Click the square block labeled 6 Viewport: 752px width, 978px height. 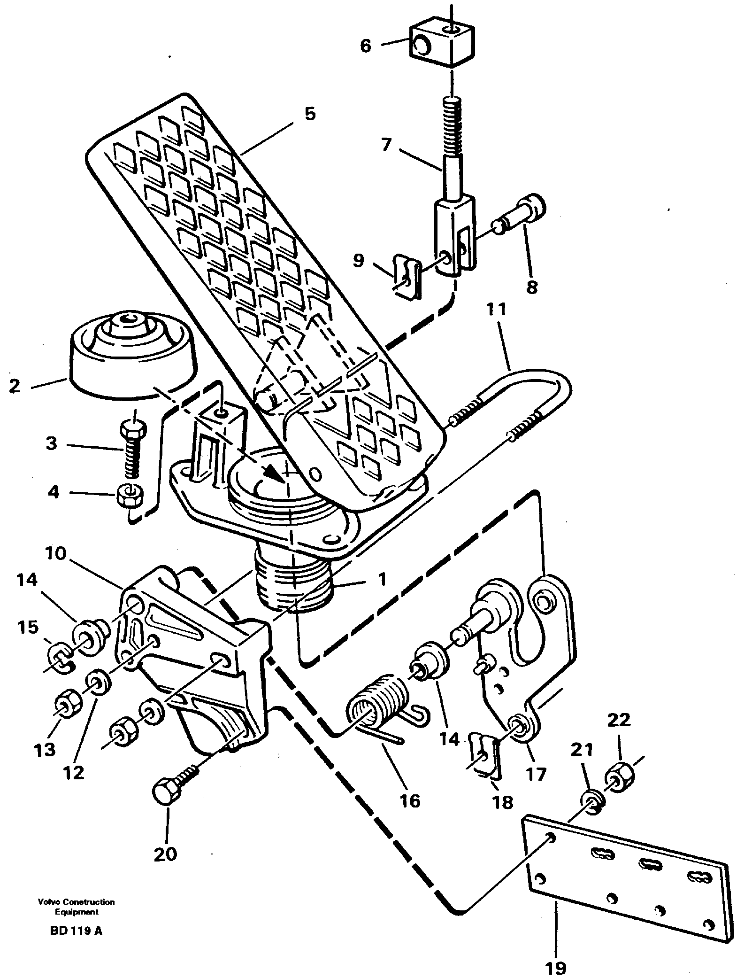[441, 45]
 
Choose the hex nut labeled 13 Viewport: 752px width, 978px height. [69, 704]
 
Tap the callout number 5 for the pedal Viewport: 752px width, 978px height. [309, 114]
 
